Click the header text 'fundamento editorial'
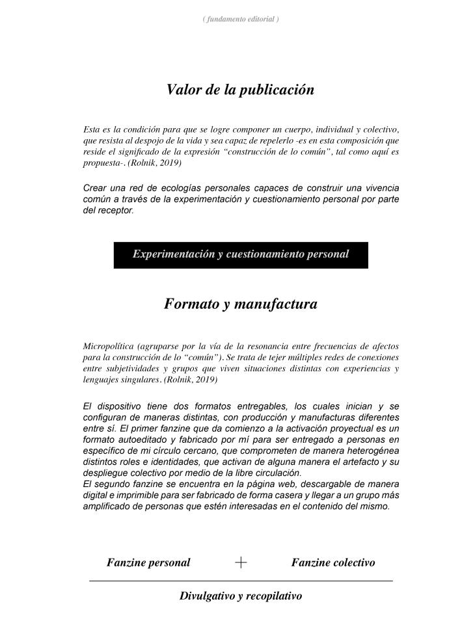click(x=241, y=19)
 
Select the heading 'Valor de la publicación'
click(x=240, y=90)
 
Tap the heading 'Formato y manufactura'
click(x=240, y=304)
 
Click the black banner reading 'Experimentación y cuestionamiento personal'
click(x=241, y=254)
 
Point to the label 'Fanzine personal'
click(x=148, y=562)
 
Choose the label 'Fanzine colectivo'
click(x=332, y=562)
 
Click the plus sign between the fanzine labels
click(x=241, y=562)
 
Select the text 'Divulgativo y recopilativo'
click(x=241, y=596)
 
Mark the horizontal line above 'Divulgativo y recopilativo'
click(x=241, y=580)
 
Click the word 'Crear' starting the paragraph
click(x=94, y=189)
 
